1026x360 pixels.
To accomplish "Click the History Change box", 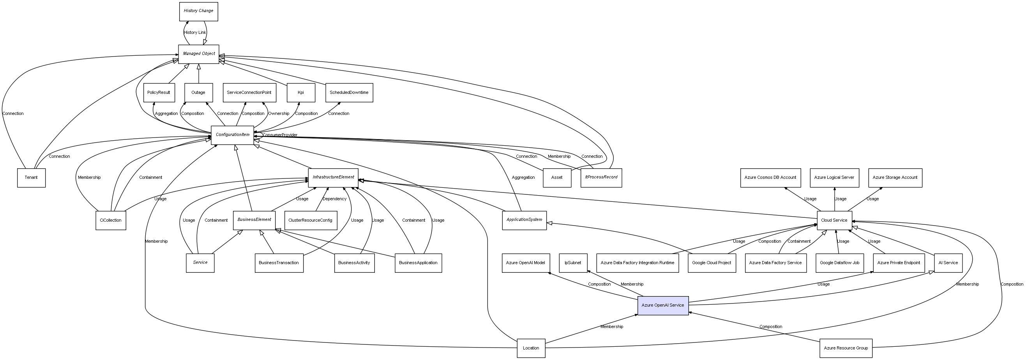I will pos(198,11).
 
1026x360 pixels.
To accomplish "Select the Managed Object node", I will pos(198,54).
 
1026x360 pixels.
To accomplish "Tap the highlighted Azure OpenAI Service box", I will pos(663,305).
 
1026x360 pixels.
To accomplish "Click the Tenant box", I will pos(31,178).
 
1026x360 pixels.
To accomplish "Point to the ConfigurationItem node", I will pos(232,135).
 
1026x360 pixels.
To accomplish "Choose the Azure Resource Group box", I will pos(846,348).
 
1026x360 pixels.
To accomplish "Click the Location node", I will pos(531,348).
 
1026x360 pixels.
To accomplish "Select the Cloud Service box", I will pos(834,220).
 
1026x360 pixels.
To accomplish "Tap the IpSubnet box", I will pos(573,263).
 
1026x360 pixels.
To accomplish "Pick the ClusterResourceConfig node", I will pos(310,220).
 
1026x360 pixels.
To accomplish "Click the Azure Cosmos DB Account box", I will pos(770,178).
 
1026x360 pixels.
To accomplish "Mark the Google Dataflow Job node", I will pos(840,263).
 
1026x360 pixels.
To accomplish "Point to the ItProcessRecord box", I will pos(601,178).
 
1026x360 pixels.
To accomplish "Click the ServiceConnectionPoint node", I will pos(249,92).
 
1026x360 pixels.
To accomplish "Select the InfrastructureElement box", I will pos(333,177).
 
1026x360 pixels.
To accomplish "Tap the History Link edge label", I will pos(195,33).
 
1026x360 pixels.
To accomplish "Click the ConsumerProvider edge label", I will pos(280,135).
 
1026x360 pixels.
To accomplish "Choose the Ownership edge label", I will pos(279,113).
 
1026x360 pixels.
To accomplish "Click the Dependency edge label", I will pos(335,199).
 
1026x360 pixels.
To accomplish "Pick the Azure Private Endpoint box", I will pos(899,263).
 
